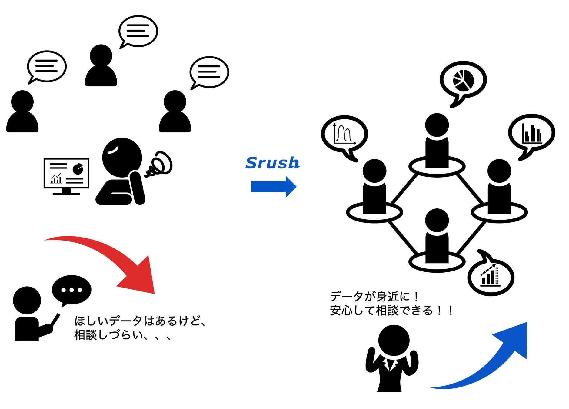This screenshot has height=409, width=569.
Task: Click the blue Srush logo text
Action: click(272, 163)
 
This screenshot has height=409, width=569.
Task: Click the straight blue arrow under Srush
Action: click(273, 187)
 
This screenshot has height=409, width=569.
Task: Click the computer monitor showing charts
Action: click(66, 175)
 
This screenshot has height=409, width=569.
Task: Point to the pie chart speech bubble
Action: click(463, 81)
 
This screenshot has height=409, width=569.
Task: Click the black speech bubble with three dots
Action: click(72, 290)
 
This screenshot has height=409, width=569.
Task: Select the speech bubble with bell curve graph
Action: click(344, 135)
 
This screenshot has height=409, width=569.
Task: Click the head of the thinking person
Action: click(122, 158)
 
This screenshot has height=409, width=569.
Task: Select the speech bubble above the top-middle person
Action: click(138, 32)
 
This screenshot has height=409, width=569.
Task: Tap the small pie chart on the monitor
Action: click(78, 169)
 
